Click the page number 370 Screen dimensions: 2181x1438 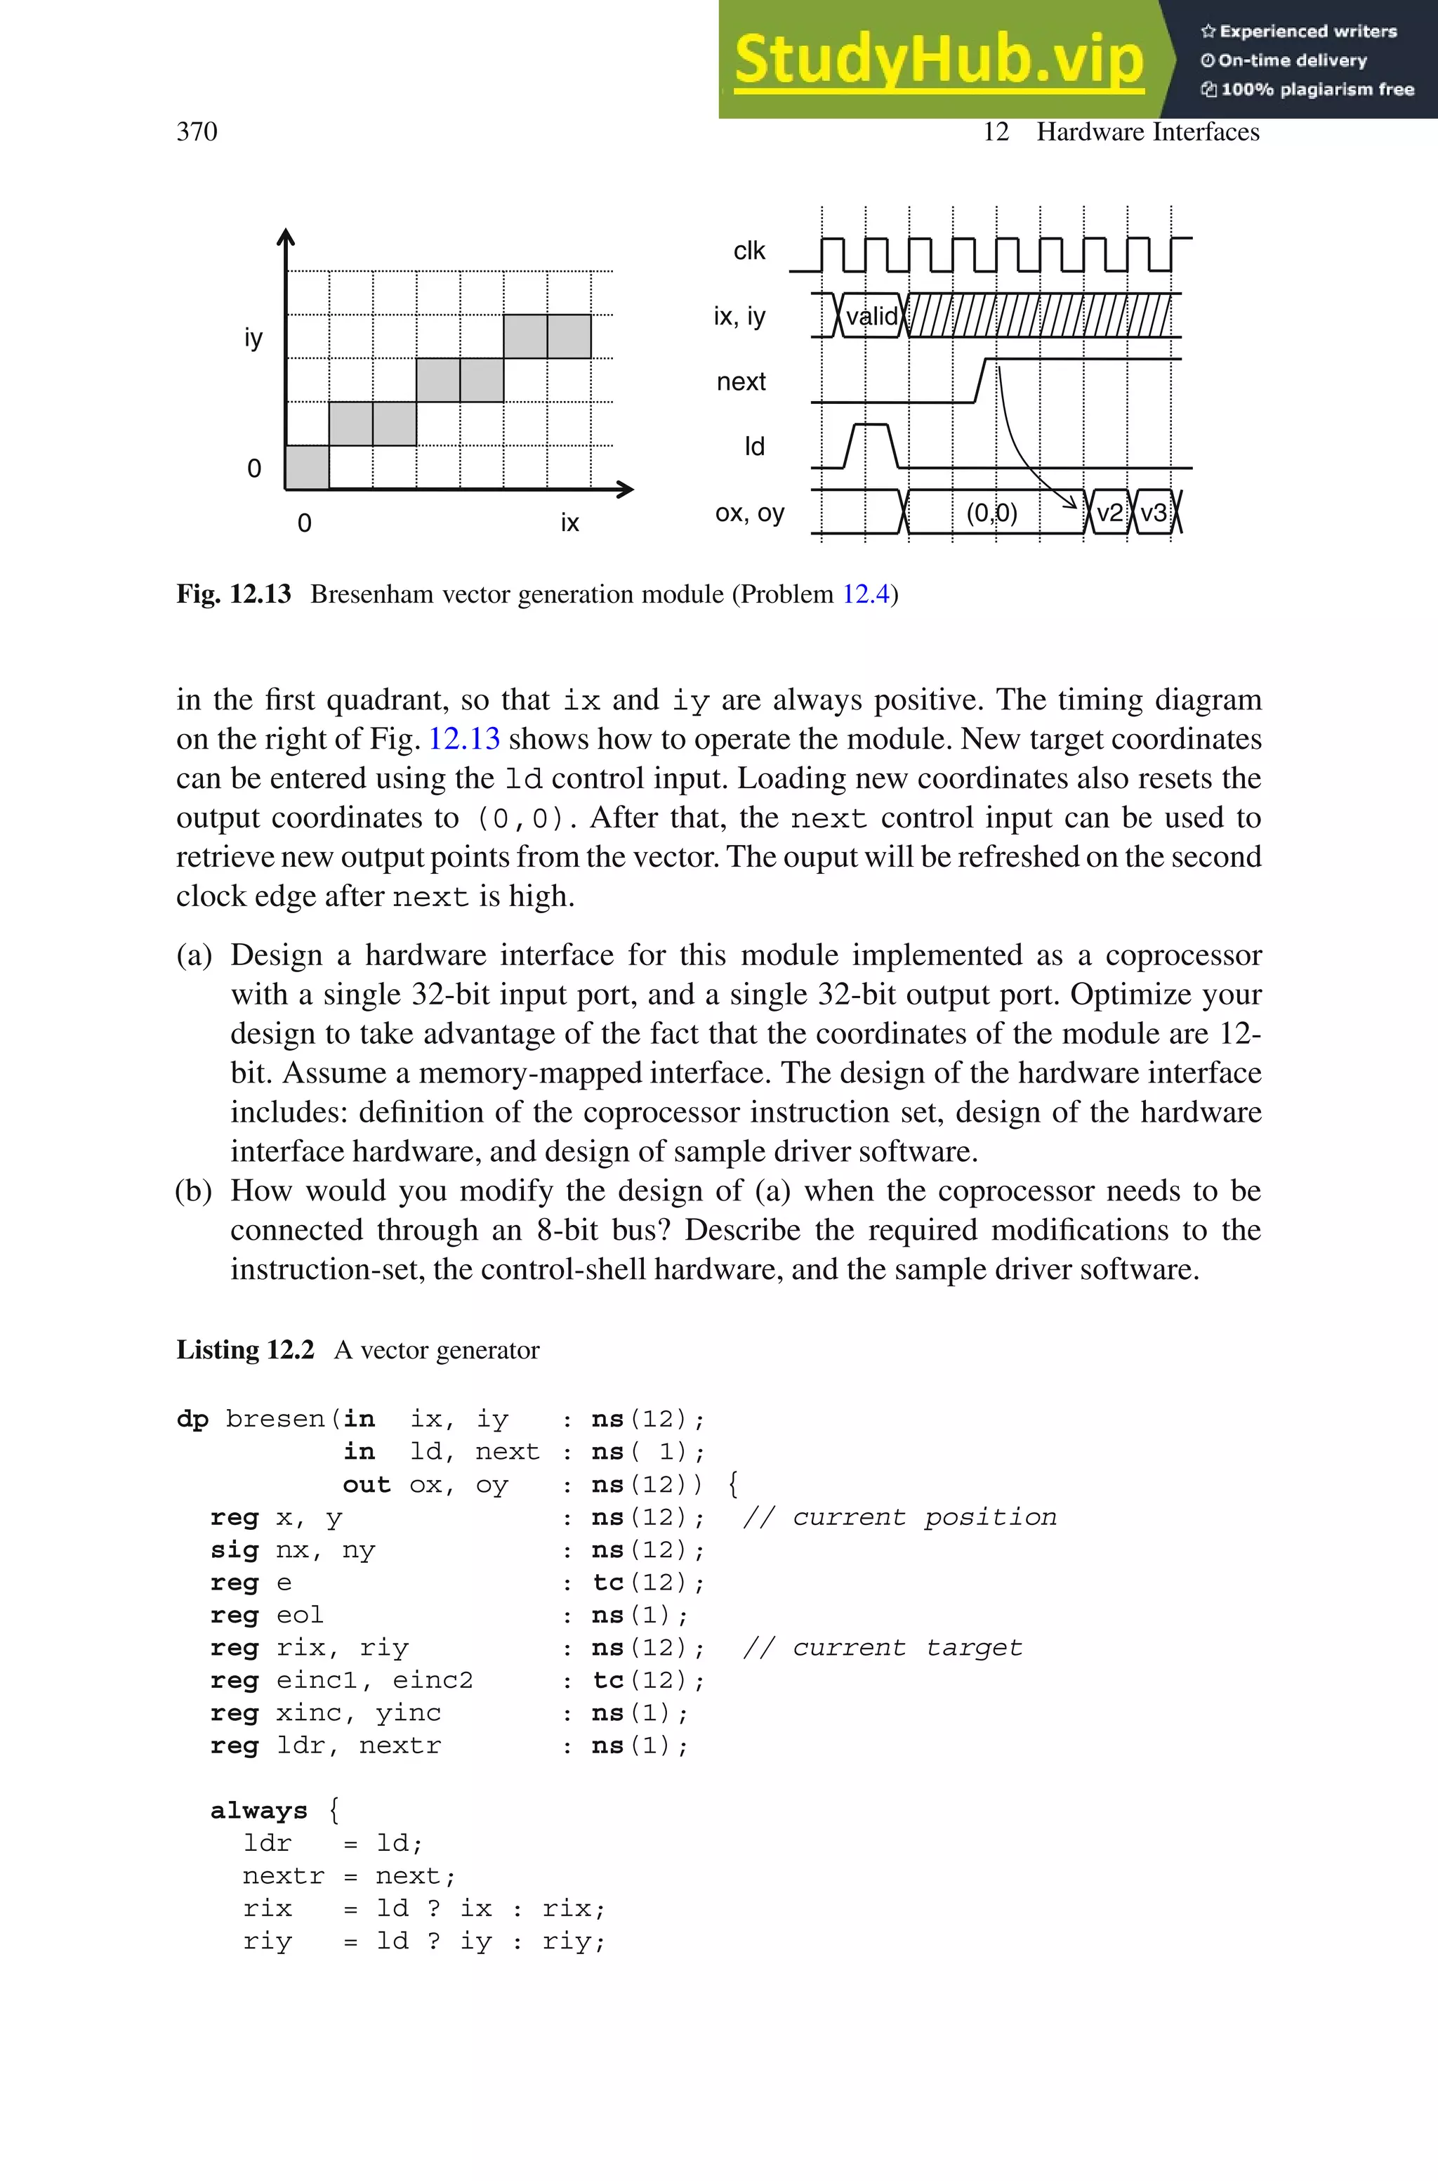197,132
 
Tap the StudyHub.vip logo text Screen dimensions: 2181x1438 938,60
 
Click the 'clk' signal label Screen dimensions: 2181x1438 748,250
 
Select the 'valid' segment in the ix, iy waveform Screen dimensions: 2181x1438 871,316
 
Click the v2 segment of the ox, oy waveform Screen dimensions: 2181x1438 1109,512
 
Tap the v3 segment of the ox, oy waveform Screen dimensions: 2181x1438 1153,512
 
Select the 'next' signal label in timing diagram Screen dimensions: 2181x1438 740,381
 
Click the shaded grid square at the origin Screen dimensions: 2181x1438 308,467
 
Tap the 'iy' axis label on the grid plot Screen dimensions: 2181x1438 253,338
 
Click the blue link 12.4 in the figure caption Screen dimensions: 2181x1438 865,594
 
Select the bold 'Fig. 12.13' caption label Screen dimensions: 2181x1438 233,594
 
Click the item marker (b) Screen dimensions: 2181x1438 194,1191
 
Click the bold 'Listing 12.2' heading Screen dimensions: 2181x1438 245,1350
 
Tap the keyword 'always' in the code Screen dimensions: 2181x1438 258,1810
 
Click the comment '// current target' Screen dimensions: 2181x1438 881,1647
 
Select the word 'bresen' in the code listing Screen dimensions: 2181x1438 275,1419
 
